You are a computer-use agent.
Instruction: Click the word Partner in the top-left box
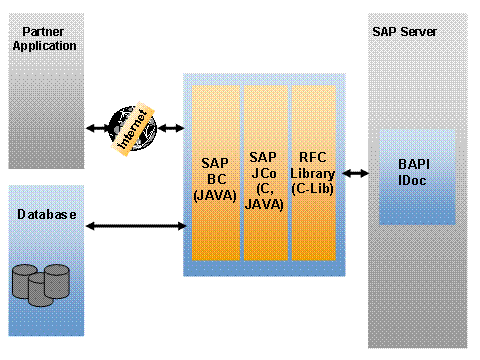(43, 32)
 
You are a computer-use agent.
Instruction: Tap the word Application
(45, 46)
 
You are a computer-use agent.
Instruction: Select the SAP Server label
(404, 32)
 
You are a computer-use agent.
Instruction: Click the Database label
(47, 214)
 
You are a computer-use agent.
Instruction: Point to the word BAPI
(414, 164)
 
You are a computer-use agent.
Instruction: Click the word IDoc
(412, 180)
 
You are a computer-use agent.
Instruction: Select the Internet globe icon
(133, 128)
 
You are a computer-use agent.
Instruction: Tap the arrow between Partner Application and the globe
(98, 128)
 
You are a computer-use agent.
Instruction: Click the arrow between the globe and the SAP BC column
(171, 128)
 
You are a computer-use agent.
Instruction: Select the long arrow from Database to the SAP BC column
(136, 226)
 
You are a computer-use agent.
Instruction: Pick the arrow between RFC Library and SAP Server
(356, 173)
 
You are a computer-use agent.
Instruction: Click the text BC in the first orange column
(217, 179)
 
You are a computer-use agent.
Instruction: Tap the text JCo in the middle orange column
(264, 173)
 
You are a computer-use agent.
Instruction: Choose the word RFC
(313, 157)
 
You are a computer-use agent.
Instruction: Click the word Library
(313, 173)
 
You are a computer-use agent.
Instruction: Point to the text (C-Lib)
(313, 189)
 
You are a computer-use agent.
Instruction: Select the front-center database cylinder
(41, 289)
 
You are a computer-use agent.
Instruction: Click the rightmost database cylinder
(57, 281)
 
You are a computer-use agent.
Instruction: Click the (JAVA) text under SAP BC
(215, 195)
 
